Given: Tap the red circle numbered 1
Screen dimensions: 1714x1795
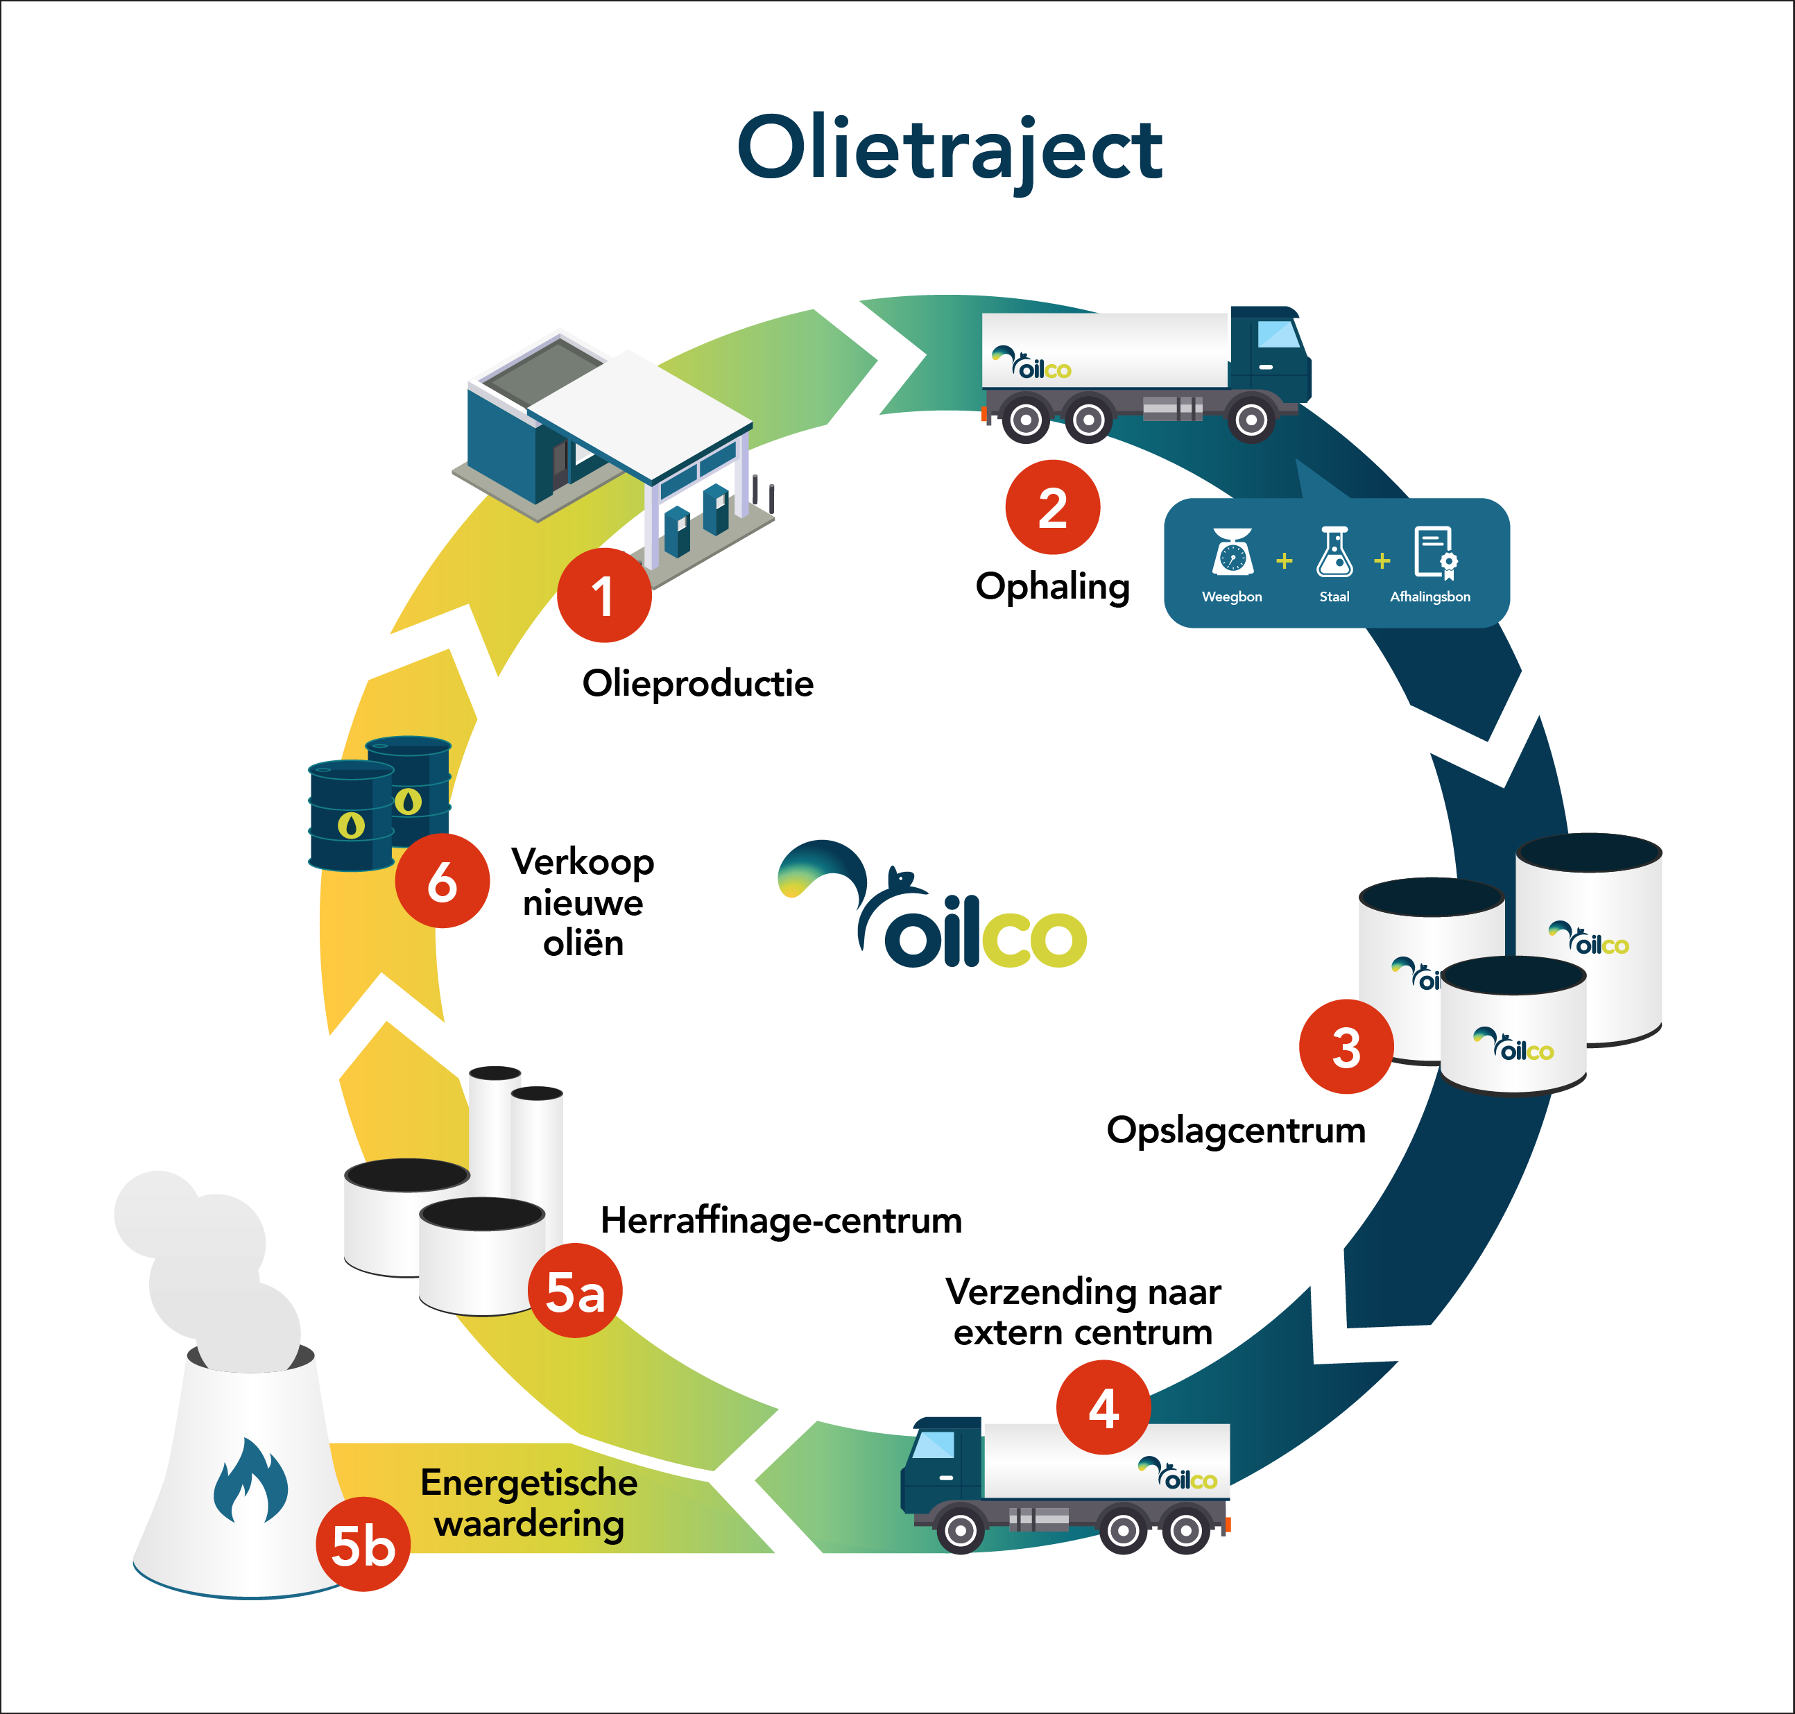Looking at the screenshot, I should tap(604, 596).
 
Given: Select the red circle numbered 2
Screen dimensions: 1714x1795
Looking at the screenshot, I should tap(1052, 507).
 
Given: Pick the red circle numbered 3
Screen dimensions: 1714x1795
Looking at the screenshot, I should tap(1346, 1046).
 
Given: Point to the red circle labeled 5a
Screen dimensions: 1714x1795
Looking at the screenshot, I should tap(574, 1291).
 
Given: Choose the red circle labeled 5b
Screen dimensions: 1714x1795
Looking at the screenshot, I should tap(363, 1545).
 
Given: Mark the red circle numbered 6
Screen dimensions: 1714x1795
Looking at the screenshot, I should tap(442, 881).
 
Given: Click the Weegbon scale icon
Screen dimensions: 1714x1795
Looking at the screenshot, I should tap(1233, 552).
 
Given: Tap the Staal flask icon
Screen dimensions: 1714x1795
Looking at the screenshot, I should tap(1334, 552).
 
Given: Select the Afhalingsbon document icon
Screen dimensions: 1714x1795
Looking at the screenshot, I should tap(1434, 552).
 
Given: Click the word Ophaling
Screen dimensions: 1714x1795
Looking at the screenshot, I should tap(1052, 587).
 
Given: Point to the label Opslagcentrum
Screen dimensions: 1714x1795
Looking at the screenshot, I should tap(1235, 1130).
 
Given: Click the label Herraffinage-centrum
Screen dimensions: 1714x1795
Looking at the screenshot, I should tap(781, 1221).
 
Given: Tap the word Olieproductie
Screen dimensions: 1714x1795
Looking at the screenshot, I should tap(698, 683).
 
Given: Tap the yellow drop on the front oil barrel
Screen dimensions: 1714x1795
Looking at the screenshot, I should tap(352, 825).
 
